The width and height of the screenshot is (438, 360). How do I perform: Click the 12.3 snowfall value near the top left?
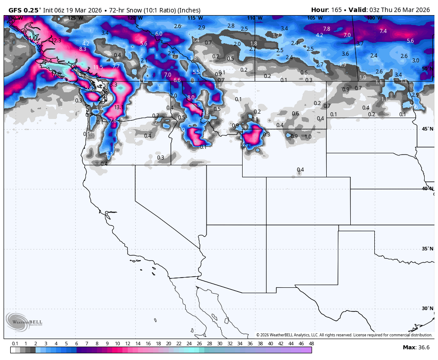[56, 41]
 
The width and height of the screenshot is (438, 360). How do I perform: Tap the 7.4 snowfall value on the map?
[383, 31]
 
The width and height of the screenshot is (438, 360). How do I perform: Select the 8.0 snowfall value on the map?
[191, 98]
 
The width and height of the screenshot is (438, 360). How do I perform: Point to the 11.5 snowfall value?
[98, 67]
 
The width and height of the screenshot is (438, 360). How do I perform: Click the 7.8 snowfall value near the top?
[326, 29]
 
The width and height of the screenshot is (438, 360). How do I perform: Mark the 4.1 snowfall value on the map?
[109, 154]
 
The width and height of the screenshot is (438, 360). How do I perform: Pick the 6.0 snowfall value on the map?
[158, 34]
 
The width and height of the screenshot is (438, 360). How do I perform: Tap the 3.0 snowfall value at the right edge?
[415, 61]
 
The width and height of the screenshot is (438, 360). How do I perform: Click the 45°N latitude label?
[427, 129]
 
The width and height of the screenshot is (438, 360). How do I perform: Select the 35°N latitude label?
[427, 249]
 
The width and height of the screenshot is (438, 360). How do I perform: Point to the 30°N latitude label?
[427, 308]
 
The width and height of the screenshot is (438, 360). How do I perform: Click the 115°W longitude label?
[195, 18]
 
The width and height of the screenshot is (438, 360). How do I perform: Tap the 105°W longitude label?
[315, 18]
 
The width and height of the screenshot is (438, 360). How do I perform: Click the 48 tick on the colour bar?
[311, 344]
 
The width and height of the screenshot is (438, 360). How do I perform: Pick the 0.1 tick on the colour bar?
[15, 344]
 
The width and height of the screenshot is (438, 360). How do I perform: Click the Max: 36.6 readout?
[416, 348]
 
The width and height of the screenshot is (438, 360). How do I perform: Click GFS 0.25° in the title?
[25, 10]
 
